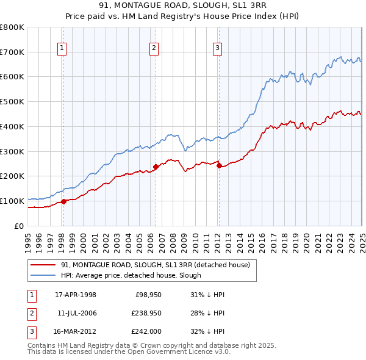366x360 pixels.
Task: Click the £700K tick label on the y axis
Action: click(x=12, y=52)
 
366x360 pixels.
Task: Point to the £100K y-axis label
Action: click(x=12, y=201)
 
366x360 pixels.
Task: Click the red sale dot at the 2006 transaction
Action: click(x=156, y=166)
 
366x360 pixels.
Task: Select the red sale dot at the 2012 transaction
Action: click(x=219, y=165)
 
